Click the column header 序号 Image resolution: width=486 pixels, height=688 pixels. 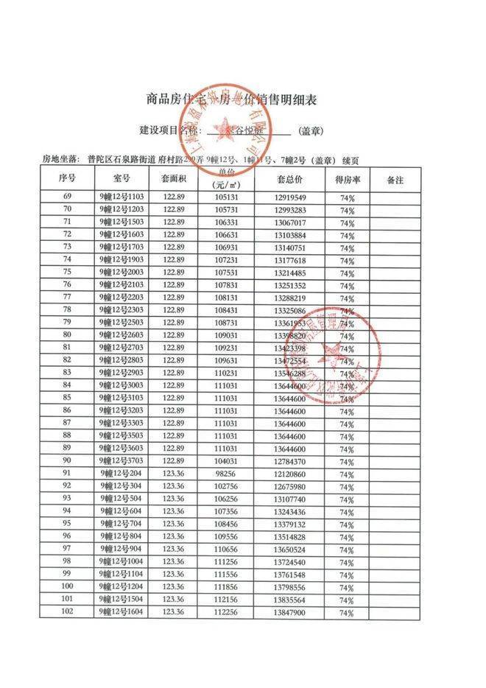67,179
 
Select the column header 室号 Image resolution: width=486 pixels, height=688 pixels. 122,179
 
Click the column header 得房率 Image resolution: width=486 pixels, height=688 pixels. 347,179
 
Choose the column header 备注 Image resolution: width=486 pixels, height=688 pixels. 398,179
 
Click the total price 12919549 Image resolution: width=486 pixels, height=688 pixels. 289,198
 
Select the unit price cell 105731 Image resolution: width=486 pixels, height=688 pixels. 227,210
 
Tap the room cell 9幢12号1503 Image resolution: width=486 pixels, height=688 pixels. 122,222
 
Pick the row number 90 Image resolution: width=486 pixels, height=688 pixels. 67,460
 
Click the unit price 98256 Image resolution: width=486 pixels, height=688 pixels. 227,473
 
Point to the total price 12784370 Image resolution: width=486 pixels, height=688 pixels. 289,461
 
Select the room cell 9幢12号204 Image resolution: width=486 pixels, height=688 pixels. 122,473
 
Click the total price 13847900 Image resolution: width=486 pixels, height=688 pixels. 289,613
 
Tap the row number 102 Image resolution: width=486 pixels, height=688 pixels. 67,612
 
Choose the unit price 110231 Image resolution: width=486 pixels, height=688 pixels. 227,373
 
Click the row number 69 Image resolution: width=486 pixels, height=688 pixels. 67,197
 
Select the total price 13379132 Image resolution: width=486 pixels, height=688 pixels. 289,524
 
